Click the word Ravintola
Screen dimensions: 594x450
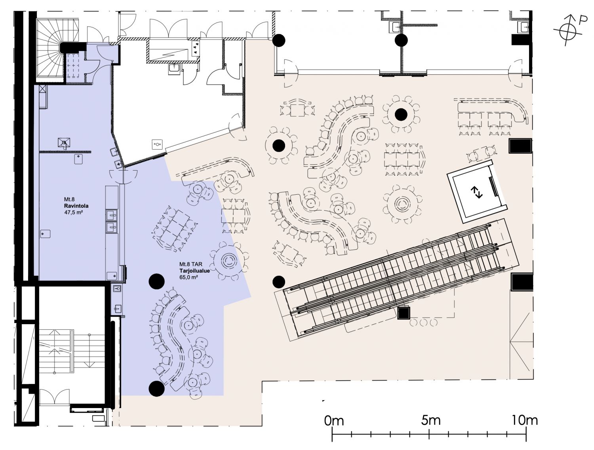click(76, 206)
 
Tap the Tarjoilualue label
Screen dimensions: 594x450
click(194, 271)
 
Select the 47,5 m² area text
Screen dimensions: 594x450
click(73, 212)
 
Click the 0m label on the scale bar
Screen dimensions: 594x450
click(334, 421)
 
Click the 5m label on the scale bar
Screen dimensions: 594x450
click(431, 420)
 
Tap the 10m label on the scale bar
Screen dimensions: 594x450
click(525, 420)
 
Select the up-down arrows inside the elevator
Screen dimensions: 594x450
click(476, 193)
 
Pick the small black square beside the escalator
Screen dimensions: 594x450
click(404, 313)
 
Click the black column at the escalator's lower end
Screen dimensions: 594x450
click(279, 282)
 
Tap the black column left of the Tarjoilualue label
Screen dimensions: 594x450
click(157, 281)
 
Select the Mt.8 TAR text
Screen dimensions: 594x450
click(190, 264)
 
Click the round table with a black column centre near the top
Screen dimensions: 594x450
click(401, 114)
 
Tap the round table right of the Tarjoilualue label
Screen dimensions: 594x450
click(229, 261)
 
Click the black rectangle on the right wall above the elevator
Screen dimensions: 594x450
click(520, 146)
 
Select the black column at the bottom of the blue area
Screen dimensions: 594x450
click(157, 389)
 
